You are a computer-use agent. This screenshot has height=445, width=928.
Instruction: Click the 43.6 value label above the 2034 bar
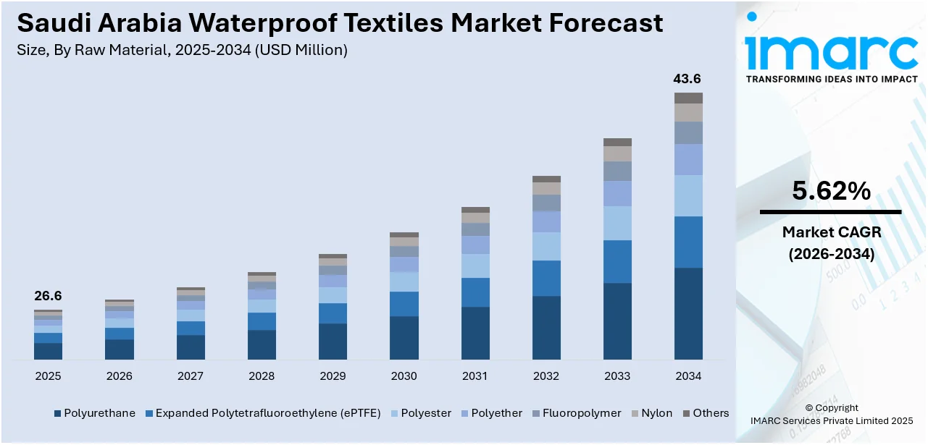point(687,79)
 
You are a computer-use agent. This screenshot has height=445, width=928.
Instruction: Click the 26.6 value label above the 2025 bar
point(48,296)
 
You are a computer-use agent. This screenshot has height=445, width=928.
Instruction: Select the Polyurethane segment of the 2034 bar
point(688,313)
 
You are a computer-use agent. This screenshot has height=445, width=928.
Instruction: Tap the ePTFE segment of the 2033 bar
point(617,261)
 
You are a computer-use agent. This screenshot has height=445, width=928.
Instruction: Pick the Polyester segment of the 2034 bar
point(688,195)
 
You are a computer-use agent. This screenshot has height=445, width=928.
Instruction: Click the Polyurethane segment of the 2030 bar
point(404,337)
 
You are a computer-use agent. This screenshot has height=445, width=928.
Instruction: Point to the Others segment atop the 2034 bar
point(688,98)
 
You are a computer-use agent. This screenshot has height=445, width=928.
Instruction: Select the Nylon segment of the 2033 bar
point(617,153)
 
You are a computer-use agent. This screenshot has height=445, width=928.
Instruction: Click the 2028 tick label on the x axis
point(262,376)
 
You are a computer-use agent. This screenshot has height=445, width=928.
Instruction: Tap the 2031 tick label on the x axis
point(475,376)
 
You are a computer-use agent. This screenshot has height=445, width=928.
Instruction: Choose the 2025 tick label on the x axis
point(48,376)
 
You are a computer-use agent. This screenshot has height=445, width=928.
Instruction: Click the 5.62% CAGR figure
point(831,191)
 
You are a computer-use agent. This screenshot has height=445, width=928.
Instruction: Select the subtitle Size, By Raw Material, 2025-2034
point(183,50)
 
